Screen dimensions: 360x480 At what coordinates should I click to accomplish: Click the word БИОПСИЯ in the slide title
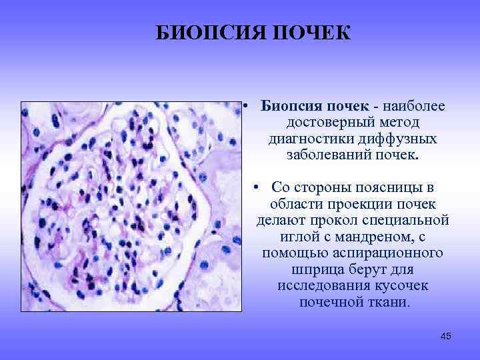coord(204,33)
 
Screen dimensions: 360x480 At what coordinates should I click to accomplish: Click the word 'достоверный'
coord(323,123)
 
